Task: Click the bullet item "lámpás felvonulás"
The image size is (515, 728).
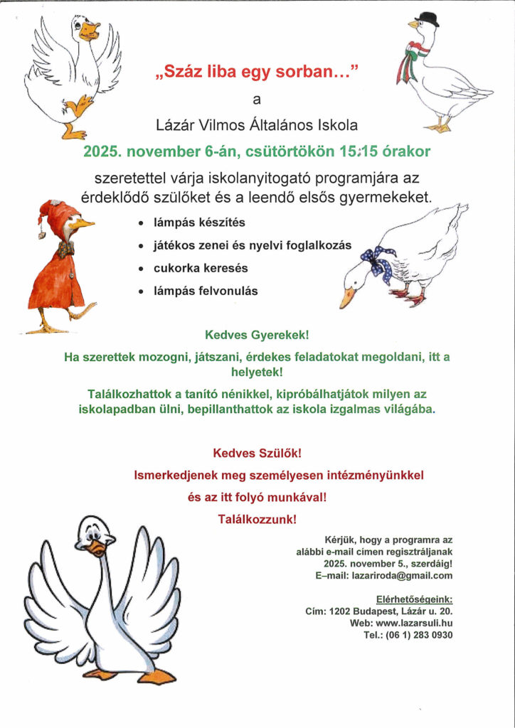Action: pos(206,291)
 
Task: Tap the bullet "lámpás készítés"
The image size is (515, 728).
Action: pos(199,223)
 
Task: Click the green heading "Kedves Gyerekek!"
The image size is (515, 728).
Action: pos(257,333)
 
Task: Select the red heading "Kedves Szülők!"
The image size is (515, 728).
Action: pos(257,452)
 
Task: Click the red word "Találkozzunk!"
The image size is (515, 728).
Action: pos(257,520)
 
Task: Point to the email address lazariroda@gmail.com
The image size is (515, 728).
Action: pos(402,576)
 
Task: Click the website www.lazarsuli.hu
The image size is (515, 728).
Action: pos(410,622)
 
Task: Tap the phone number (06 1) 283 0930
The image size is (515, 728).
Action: pos(416,634)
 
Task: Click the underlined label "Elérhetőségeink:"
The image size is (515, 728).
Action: pos(414,599)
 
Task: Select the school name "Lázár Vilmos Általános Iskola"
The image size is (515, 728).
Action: pos(257,125)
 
